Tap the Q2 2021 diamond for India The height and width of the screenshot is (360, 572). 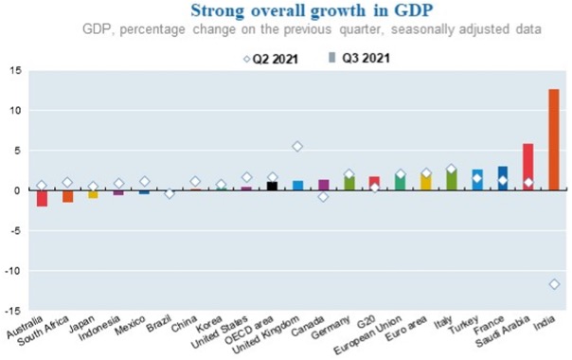(553, 283)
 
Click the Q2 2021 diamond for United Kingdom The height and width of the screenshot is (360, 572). (297, 146)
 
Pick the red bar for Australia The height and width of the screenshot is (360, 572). (42, 198)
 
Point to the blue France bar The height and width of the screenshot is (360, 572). (503, 178)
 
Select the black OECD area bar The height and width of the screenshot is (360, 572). (272, 186)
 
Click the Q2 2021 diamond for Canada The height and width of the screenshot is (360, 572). (323, 196)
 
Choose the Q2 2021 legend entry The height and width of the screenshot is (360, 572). (271, 58)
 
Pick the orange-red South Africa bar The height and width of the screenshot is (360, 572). (67, 196)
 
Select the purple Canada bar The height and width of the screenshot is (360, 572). (323, 185)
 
